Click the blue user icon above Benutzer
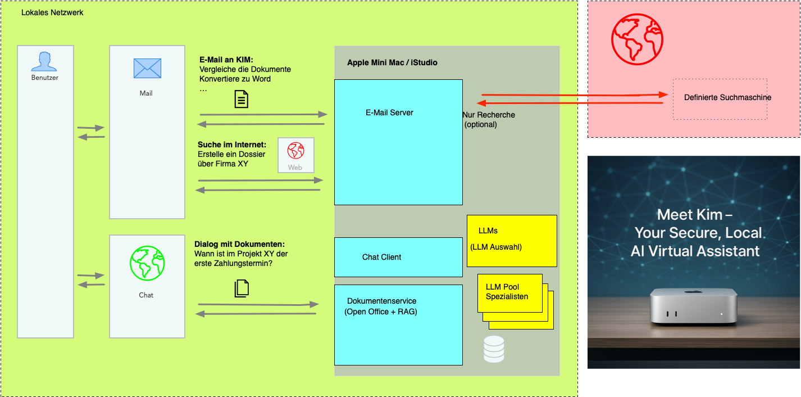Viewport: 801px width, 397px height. click(45, 61)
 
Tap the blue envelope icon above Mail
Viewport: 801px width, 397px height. click(147, 68)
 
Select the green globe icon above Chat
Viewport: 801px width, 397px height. click(147, 263)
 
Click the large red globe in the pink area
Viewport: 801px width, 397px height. click(637, 39)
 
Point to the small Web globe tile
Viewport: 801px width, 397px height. click(295, 155)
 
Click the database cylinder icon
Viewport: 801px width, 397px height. click(494, 349)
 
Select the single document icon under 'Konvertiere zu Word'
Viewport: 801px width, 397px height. click(241, 99)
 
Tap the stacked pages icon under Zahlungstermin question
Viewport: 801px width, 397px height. click(241, 288)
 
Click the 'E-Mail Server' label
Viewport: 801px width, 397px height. click(389, 112)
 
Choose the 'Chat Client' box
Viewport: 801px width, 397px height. click(398, 257)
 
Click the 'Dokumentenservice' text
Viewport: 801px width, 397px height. click(381, 301)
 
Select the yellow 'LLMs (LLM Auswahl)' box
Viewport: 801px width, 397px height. click(511, 241)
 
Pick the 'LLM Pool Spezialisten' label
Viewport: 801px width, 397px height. click(507, 292)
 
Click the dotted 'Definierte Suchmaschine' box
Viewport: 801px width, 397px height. click(720, 98)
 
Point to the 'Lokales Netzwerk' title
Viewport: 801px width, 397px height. click(52, 12)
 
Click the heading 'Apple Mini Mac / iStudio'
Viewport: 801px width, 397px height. click(392, 62)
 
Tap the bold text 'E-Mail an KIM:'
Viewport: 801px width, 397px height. click(226, 60)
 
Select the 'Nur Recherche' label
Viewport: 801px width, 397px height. click(488, 115)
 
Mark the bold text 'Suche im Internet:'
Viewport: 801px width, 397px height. click(232, 145)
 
